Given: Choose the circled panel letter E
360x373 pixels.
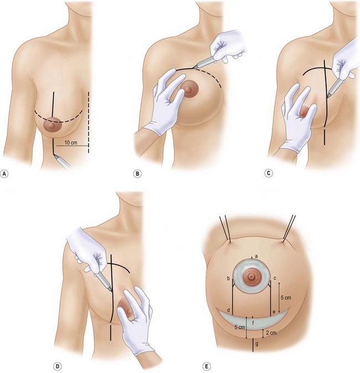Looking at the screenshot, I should coord(206,366).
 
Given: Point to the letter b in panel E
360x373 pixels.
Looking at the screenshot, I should coord(228,278).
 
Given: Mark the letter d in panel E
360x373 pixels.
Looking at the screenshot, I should coord(228,311).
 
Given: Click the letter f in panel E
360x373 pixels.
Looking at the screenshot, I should coord(253,322).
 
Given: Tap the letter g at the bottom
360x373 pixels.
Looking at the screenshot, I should coord(253,344).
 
